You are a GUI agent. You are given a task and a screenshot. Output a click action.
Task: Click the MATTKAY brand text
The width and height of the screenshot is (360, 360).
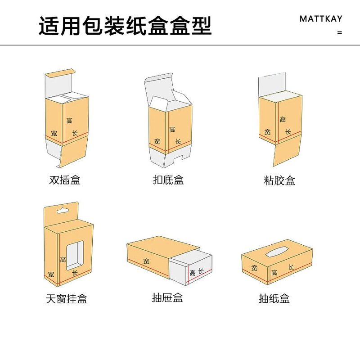321,19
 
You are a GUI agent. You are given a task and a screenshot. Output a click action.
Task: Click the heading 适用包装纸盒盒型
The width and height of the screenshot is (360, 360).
125,26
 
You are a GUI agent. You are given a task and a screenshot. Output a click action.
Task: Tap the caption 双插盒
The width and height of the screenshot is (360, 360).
65,180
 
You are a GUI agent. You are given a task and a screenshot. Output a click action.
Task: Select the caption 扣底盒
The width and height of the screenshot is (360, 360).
168,180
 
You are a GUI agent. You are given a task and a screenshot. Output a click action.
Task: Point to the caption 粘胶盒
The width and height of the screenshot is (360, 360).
279,180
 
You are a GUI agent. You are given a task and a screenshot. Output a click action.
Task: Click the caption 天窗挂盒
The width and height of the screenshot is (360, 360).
66,298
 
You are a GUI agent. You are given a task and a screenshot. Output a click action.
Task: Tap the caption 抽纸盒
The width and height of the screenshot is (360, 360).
274,298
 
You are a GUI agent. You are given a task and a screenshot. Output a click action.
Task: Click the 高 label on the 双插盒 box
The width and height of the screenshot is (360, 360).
69,120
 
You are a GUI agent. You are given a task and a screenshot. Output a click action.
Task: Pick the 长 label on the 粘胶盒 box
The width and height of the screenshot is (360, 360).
287,132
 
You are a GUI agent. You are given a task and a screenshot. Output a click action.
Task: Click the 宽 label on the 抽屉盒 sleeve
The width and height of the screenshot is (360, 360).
146,261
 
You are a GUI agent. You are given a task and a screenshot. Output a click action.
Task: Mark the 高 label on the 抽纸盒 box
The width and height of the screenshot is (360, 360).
274,273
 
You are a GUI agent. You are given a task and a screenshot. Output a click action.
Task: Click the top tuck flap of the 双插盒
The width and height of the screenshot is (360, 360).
60,73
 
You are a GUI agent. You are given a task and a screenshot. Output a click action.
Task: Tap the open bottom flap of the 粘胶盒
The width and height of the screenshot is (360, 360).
287,153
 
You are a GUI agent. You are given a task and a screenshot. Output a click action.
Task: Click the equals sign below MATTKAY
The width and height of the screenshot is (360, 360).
339,33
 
